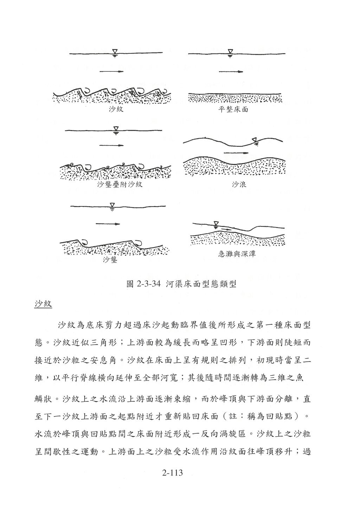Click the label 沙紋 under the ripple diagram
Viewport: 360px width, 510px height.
(116, 110)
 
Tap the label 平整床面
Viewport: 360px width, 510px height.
(233, 110)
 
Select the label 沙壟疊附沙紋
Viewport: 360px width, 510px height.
(120, 184)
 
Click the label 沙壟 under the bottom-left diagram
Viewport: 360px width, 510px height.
(110, 260)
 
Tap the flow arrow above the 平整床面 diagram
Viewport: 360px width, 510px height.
(231, 72)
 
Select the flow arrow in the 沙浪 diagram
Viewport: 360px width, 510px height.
(236, 153)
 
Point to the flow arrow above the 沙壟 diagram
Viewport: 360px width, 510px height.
(108, 224)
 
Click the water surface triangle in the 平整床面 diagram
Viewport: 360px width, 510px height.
(230, 52)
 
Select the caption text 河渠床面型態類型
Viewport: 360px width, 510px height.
(201, 284)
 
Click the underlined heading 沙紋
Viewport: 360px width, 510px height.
(43, 304)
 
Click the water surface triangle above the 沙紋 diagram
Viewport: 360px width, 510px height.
(115, 52)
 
